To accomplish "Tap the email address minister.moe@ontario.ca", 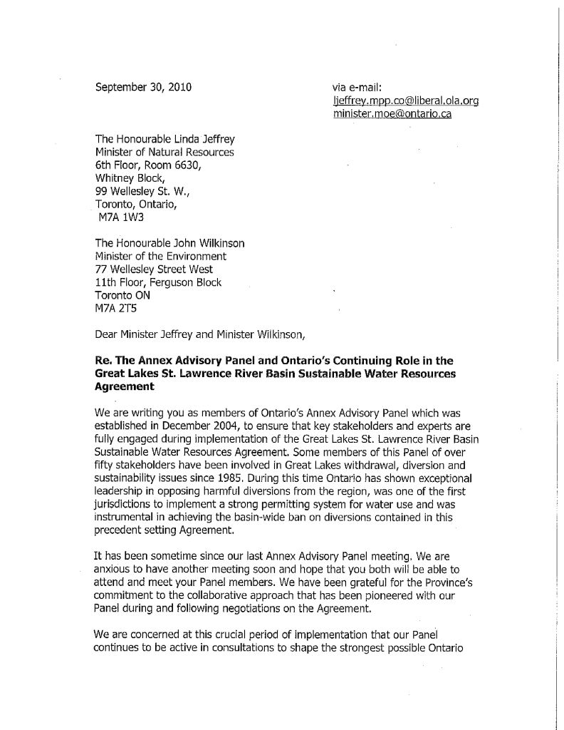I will [x=392, y=114].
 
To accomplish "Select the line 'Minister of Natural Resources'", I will [x=164, y=153].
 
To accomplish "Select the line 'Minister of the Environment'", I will [x=160, y=256].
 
